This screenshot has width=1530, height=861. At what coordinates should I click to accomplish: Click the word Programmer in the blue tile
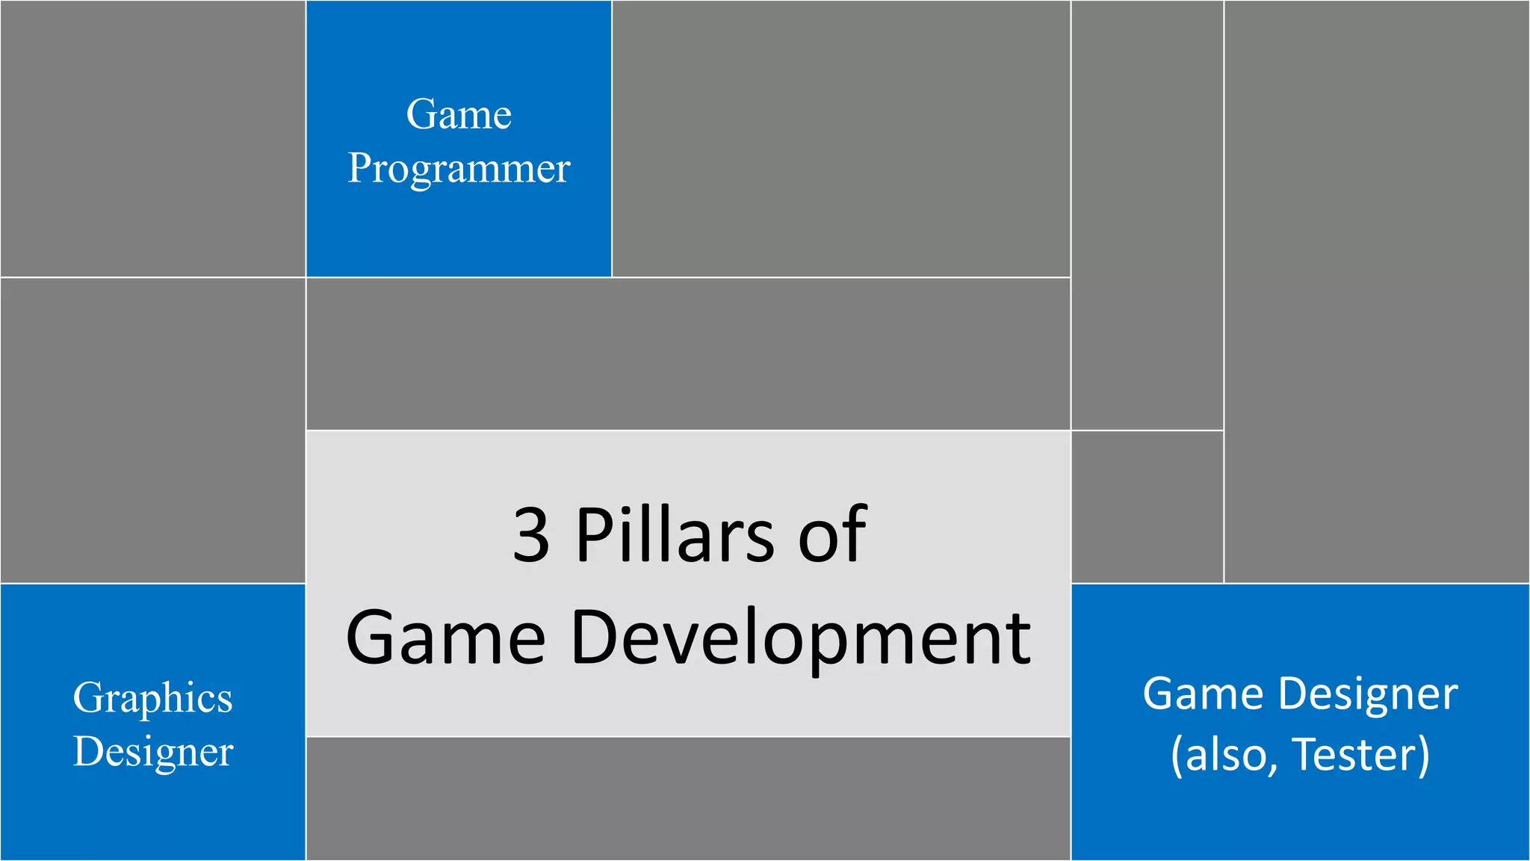click(x=459, y=169)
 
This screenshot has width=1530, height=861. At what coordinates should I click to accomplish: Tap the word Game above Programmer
click(x=459, y=114)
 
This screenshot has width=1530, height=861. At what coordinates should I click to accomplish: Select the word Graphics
click(x=153, y=699)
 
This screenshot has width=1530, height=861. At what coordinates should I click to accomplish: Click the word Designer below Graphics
click(x=153, y=752)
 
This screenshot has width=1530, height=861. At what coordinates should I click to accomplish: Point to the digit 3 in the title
click(x=531, y=535)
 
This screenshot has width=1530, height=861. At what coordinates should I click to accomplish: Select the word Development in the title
click(x=800, y=638)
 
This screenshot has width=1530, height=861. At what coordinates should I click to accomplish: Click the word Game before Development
click(x=445, y=638)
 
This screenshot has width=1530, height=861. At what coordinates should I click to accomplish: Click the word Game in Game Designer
click(x=1204, y=694)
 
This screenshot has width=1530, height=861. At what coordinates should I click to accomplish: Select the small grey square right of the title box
click(x=1147, y=507)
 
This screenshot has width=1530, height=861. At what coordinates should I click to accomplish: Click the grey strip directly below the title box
click(x=688, y=798)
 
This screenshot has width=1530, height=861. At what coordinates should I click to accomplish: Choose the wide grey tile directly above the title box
click(x=688, y=354)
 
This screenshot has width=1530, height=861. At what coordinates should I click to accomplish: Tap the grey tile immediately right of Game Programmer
click(x=841, y=139)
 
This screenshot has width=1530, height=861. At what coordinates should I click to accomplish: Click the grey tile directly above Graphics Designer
click(x=153, y=430)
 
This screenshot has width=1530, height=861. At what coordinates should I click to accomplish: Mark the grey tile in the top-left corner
click(x=153, y=139)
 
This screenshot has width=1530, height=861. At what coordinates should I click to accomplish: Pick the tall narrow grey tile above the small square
click(x=1147, y=215)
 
